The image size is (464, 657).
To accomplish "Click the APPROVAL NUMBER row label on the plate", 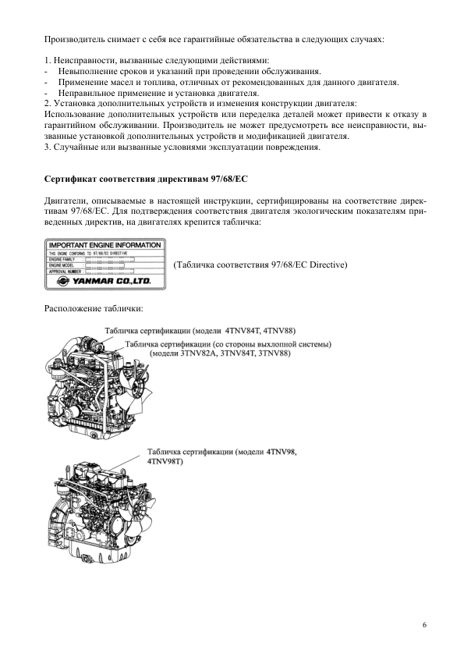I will (x=66, y=270).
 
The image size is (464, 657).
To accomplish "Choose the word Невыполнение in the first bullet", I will (x=90, y=71).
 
